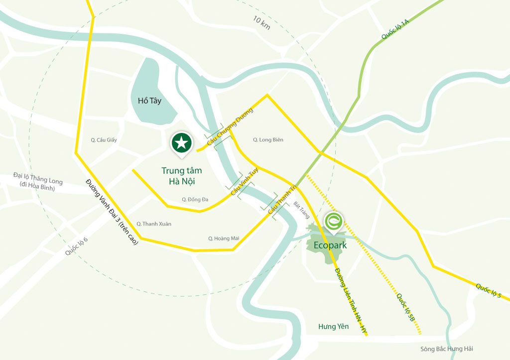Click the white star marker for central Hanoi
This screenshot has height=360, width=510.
(182, 143)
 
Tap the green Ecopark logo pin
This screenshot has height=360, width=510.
(333, 221)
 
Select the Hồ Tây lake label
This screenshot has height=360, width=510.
(149, 101)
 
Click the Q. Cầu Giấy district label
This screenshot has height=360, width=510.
(104, 140)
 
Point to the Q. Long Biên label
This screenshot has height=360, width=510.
(268, 140)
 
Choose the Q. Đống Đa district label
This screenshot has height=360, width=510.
(195, 200)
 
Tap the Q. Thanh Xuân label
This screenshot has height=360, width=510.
(154, 224)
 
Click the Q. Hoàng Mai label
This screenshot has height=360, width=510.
(224, 239)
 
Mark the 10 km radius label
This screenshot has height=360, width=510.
(261, 23)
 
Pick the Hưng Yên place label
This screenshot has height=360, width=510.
(334, 327)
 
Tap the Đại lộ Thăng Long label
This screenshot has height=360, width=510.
(38, 181)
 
